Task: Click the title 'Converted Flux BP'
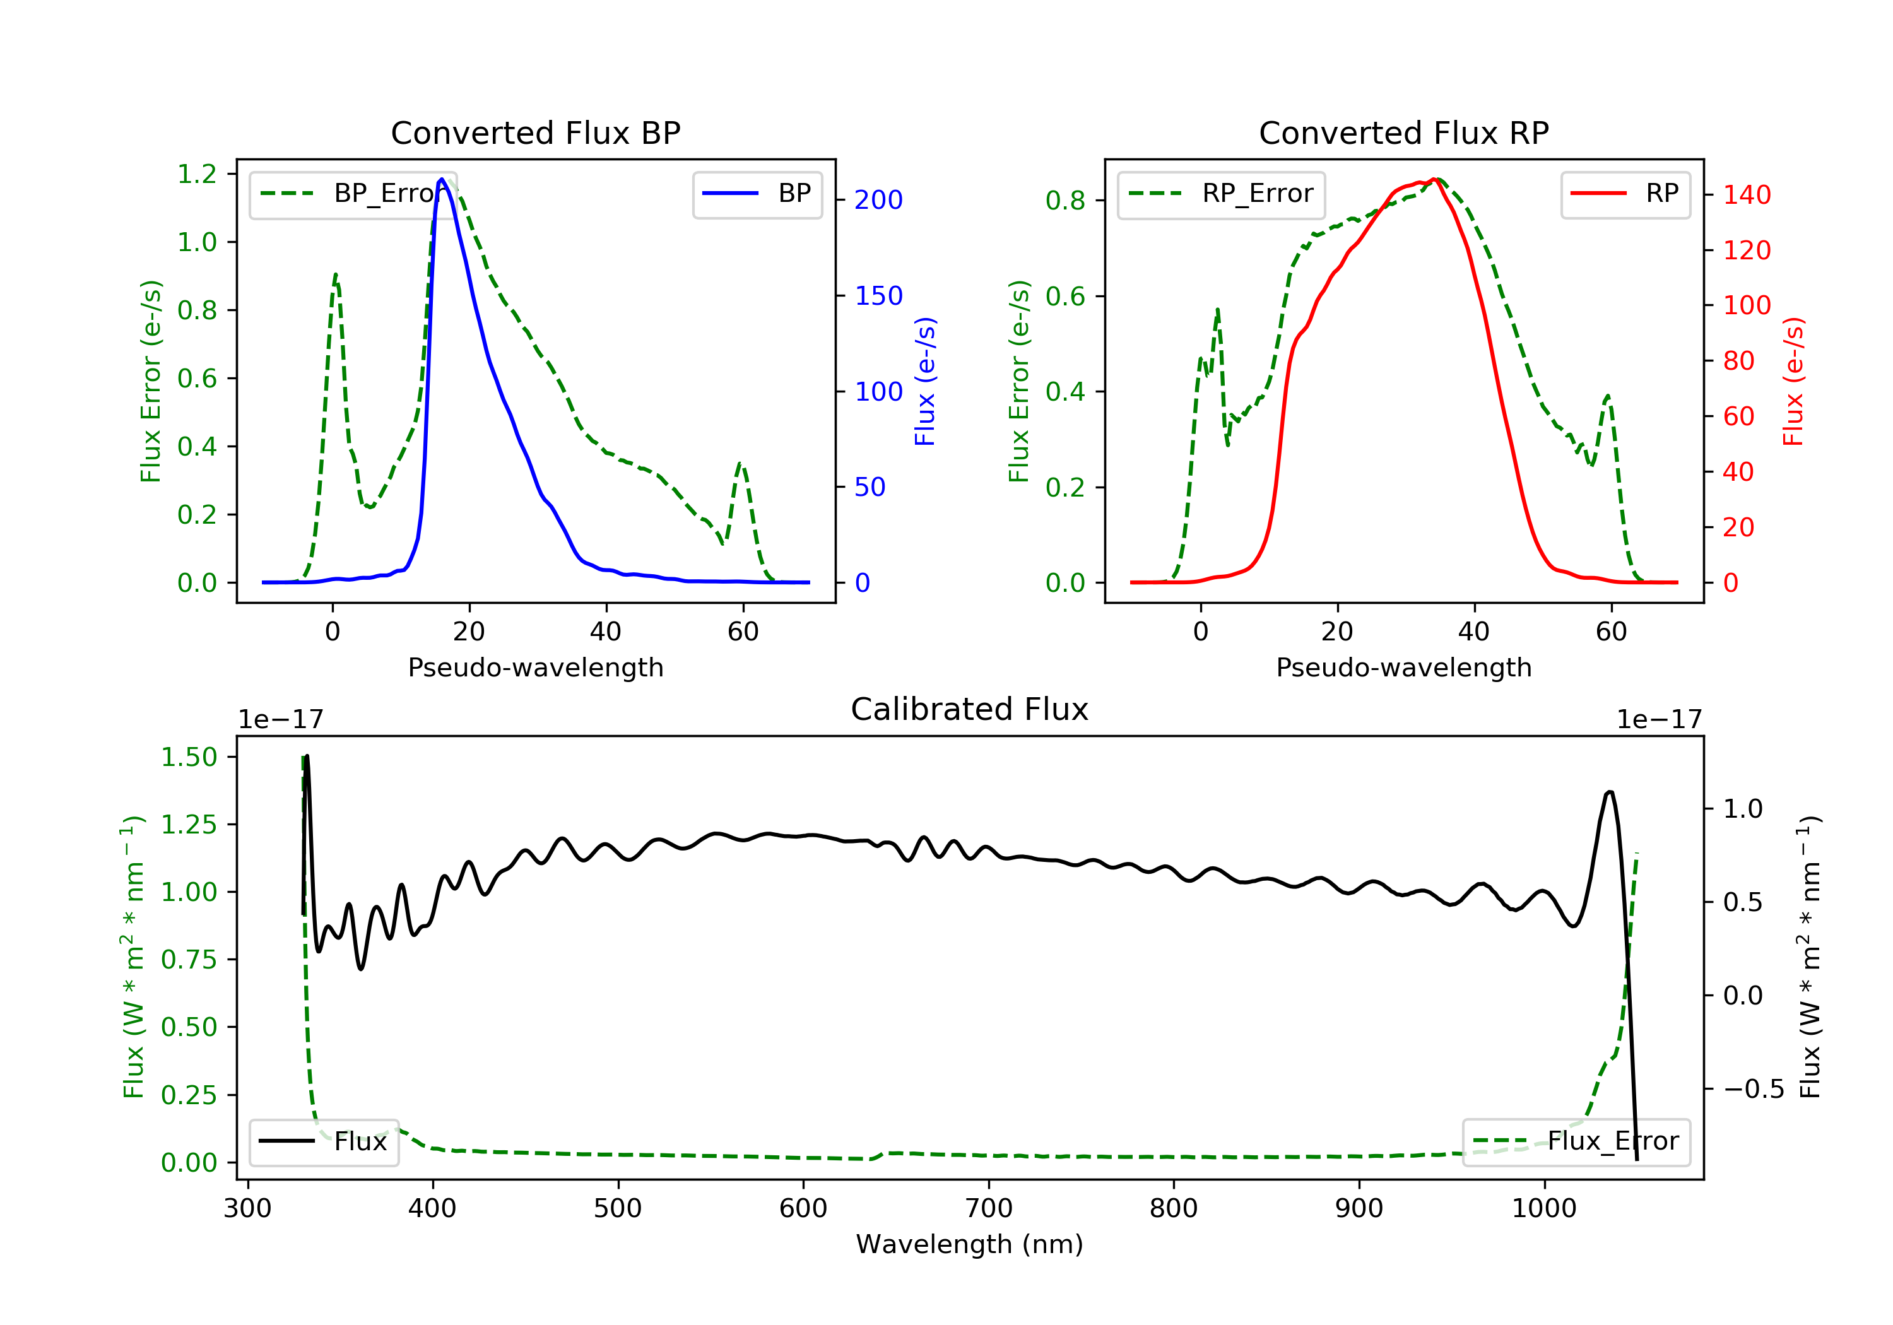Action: coord(535,132)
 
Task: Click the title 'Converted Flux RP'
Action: coord(1403,132)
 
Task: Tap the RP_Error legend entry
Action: coord(1221,194)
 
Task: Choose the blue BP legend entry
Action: coord(757,194)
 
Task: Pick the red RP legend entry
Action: coord(1625,194)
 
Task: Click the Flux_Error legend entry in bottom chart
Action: coord(1576,1141)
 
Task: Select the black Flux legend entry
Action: coord(323,1141)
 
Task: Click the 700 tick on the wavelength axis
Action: coord(989,1209)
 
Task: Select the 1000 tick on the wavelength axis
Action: coord(1543,1209)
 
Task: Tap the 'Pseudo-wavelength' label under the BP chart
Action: coord(535,667)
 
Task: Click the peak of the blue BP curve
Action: coord(442,179)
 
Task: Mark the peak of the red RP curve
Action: coord(1436,179)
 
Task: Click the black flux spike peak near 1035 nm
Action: coord(1610,792)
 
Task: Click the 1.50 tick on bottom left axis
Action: coord(189,757)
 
